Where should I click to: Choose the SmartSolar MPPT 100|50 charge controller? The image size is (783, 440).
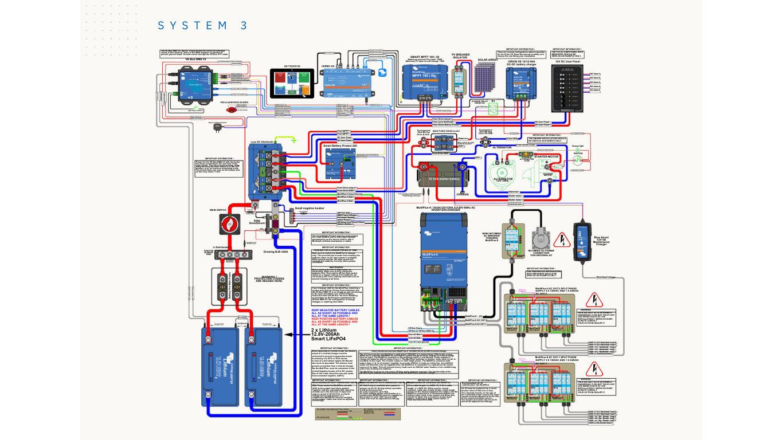point(424,80)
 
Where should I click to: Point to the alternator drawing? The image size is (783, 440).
point(503,172)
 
